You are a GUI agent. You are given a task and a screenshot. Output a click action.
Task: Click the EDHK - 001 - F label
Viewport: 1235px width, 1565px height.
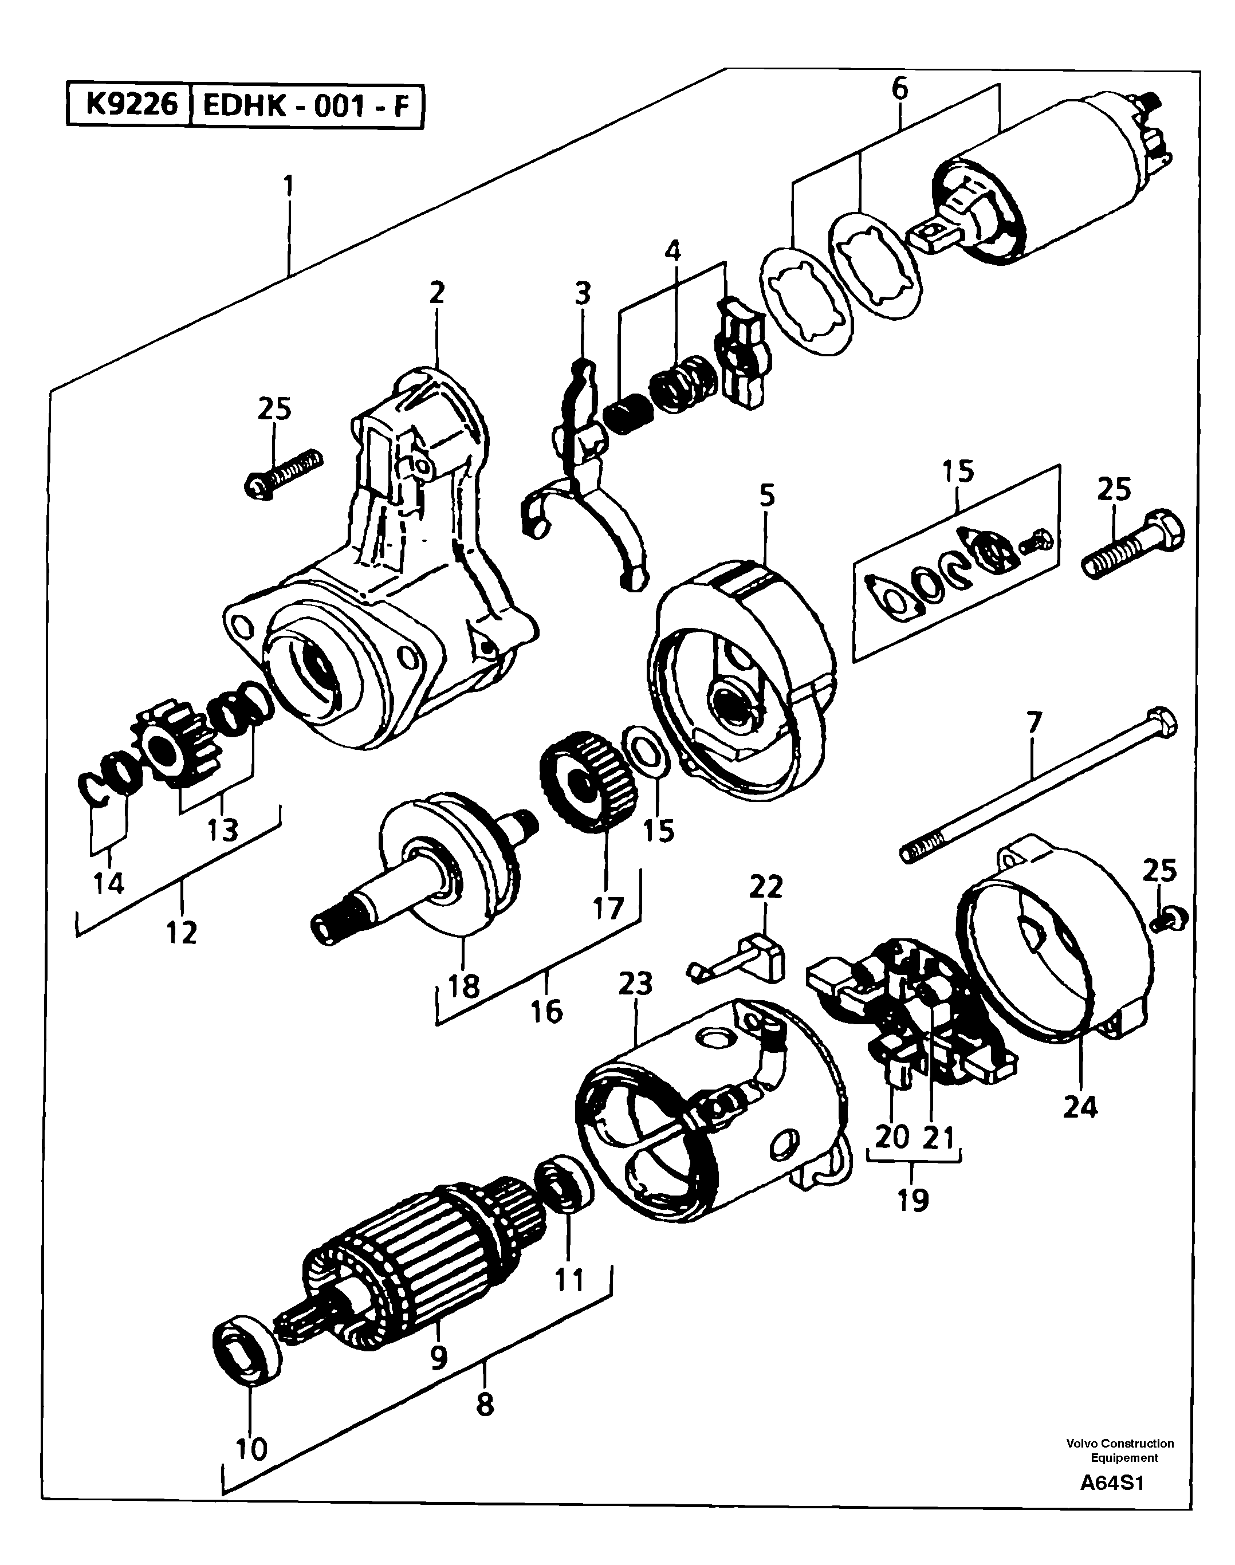coord(305,107)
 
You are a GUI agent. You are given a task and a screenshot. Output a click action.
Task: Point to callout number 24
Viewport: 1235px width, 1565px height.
coord(1080,1107)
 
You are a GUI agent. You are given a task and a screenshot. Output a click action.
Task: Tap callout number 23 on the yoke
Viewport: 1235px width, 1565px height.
coord(636,984)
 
